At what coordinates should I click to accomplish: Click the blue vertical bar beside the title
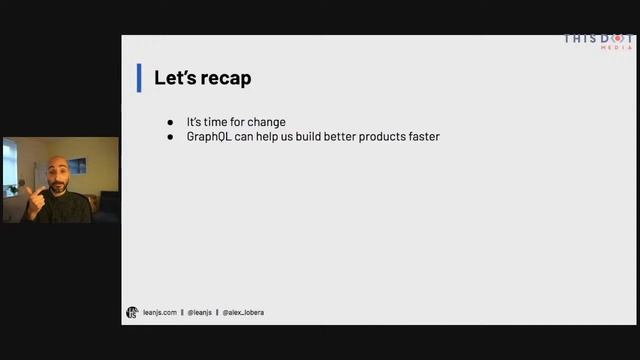[139, 78]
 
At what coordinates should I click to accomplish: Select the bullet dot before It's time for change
[170, 122]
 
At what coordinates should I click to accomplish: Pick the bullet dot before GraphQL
[170, 136]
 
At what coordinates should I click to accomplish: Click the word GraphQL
[209, 136]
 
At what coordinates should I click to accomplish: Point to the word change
[266, 122]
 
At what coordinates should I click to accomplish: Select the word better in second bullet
[334, 136]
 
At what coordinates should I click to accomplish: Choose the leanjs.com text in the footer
[160, 312]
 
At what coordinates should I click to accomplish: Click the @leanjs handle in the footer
[199, 312]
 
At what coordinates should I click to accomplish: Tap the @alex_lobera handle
[243, 312]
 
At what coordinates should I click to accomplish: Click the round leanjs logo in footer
[132, 312]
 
